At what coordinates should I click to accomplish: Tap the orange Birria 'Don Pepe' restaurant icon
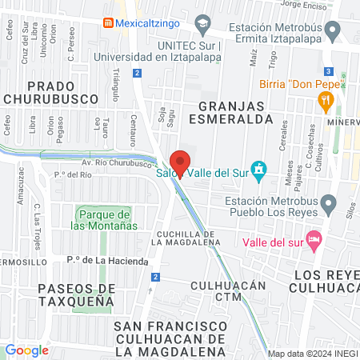pyautogui.click(x=325, y=101)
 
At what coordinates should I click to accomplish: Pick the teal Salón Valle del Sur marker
pyautogui.click(x=258, y=170)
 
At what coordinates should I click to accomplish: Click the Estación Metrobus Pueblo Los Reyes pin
pyautogui.click(x=328, y=206)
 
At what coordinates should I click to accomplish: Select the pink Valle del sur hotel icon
pyautogui.click(x=314, y=239)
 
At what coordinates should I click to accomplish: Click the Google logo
pyautogui.click(x=27, y=350)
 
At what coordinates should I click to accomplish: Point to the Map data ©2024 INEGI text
pyautogui.click(x=312, y=354)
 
